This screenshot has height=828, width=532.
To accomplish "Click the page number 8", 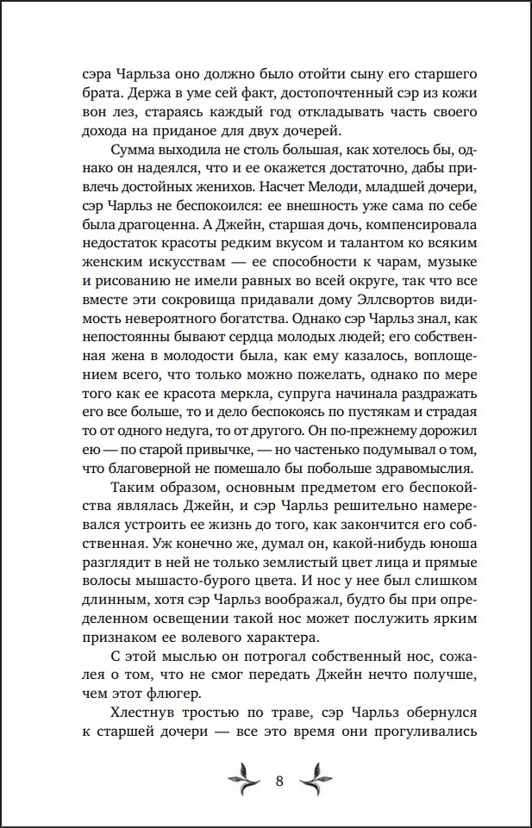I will (279, 781).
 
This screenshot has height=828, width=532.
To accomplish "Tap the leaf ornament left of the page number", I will (245, 780).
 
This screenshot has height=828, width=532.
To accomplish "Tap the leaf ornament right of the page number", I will (314, 780).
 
